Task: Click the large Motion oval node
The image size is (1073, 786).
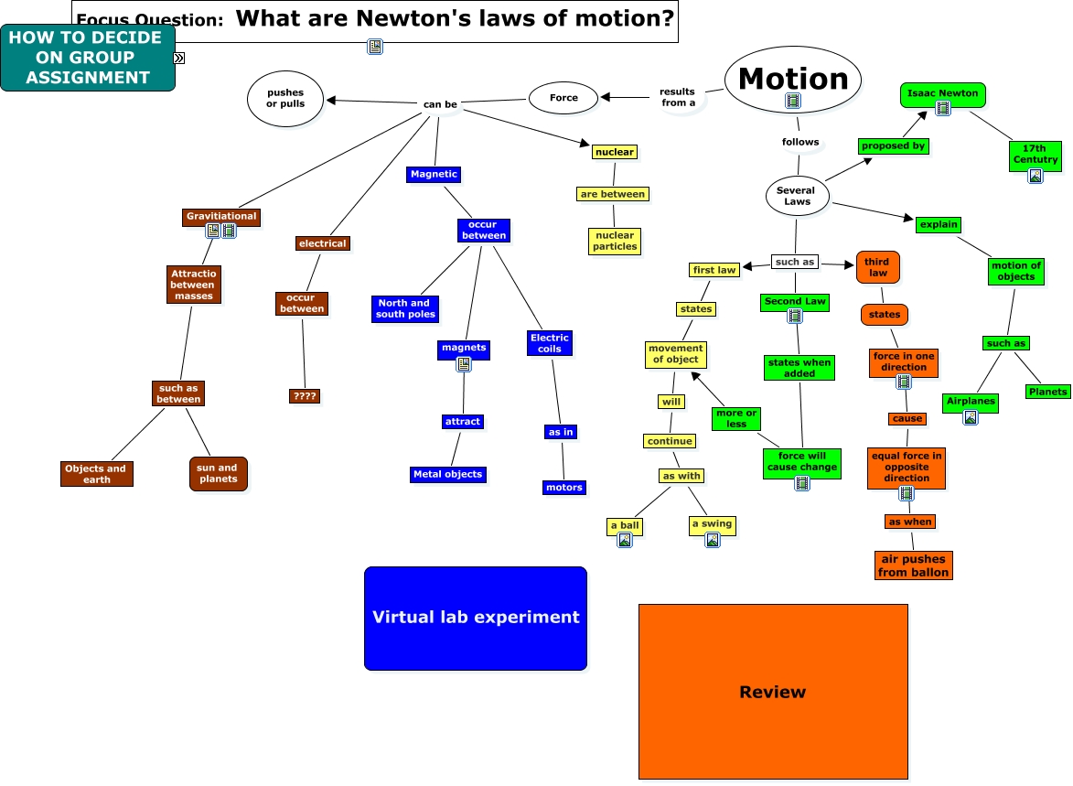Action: click(793, 80)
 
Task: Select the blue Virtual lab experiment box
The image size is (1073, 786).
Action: click(476, 618)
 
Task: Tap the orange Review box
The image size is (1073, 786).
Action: click(773, 692)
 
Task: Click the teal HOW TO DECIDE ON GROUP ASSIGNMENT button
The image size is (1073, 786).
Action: click(88, 58)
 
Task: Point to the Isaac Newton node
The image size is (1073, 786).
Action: click(942, 93)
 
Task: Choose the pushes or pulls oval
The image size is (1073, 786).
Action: click(285, 98)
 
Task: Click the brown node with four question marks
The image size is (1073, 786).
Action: click(304, 396)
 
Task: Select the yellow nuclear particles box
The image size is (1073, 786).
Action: click(615, 241)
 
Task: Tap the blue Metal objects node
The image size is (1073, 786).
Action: click(447, 474)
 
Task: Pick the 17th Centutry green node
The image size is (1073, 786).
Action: click(1035, 155)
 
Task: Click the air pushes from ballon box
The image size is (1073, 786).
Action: click(913, 565)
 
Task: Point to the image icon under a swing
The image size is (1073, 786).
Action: click(713, 540)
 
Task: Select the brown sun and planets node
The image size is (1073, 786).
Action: click(218, 473)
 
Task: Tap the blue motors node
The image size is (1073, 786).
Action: click(563, 488)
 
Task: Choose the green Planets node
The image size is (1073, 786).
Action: click(1047, 392)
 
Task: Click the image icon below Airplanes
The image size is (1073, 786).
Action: click(970, 417)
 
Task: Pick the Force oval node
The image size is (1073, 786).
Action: click(563, 98)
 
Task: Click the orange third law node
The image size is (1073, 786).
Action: click(877, 267)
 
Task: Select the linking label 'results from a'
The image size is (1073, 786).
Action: click(679, 97)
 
